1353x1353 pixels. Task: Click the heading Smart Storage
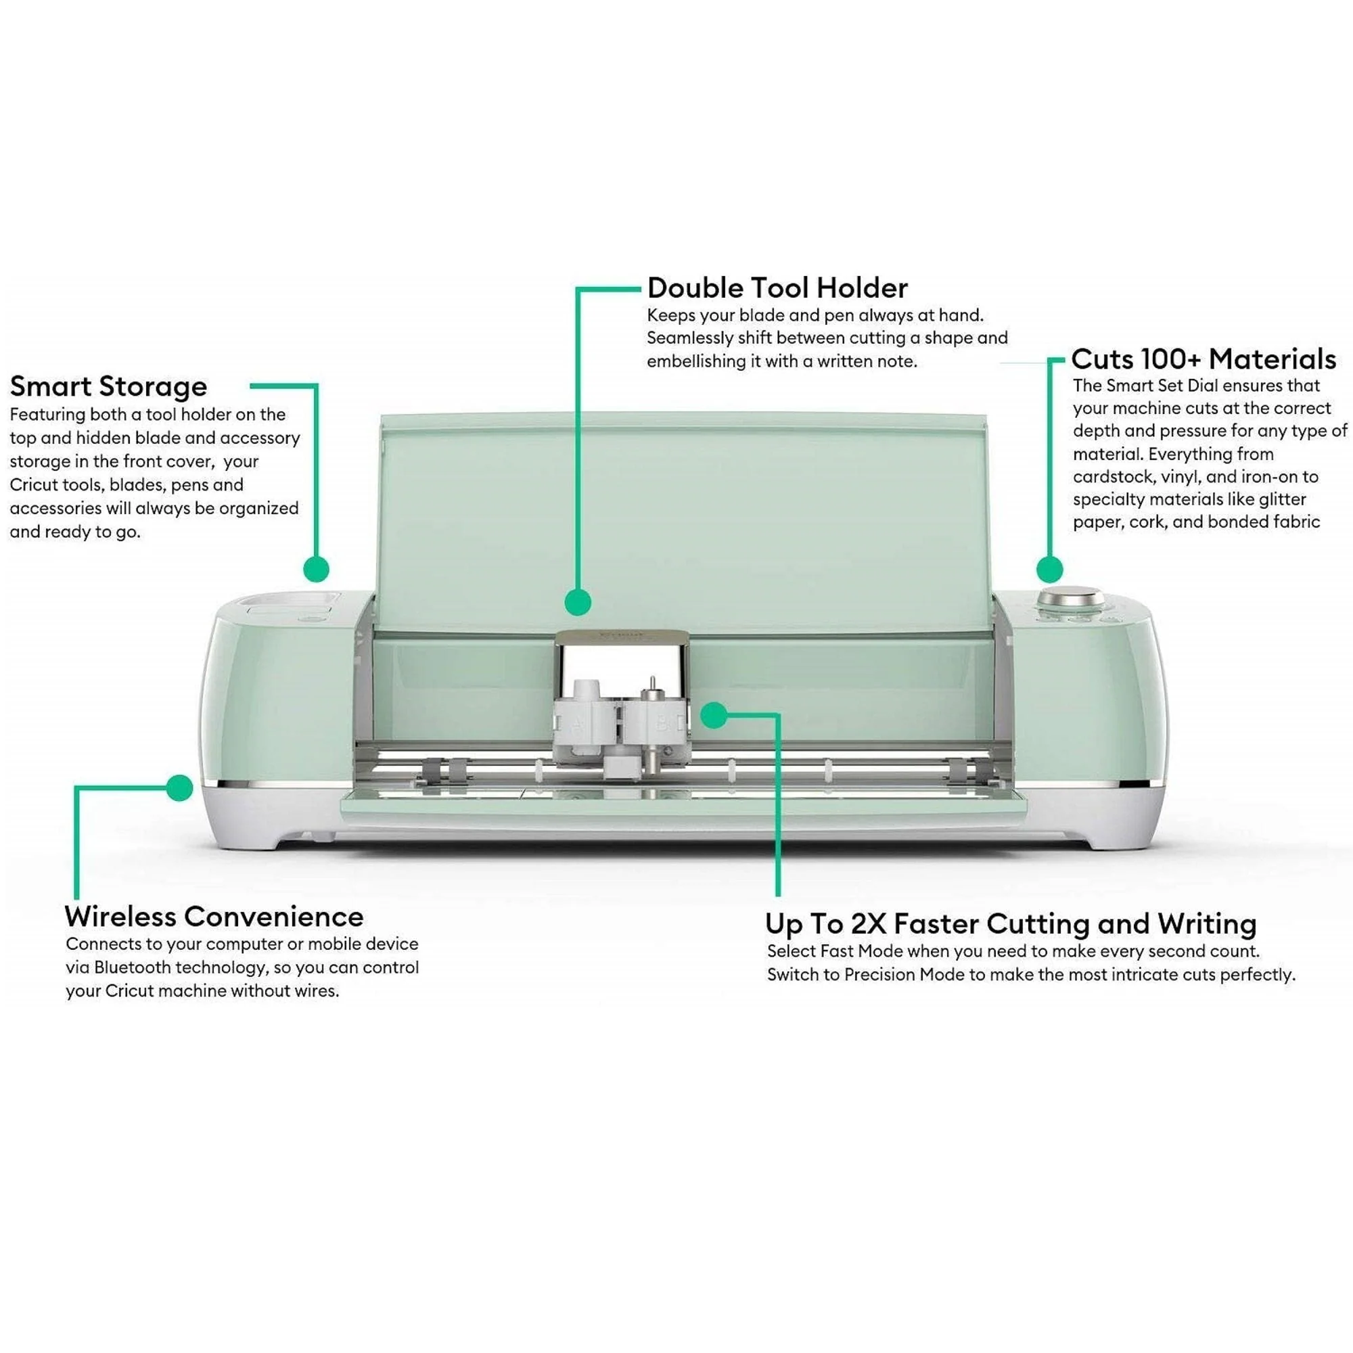(108, 386)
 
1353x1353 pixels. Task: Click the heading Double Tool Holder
(777, 288)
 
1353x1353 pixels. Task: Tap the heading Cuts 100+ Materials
(1203, 359)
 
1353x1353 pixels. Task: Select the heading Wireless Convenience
(214, 916)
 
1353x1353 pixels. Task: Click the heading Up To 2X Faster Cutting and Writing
(1010, 923)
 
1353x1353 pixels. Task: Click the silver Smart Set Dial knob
(1071, 599)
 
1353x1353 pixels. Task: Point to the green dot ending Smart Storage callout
(317, 569)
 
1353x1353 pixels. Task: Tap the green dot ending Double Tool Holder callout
(578, 601)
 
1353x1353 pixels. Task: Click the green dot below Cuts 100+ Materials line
(1049, 569)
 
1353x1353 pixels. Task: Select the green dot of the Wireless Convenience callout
(180, 788)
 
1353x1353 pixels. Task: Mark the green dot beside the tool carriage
(713, 715)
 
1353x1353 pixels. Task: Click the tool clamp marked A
(578, 724)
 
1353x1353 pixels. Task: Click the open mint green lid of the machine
(683, 518)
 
